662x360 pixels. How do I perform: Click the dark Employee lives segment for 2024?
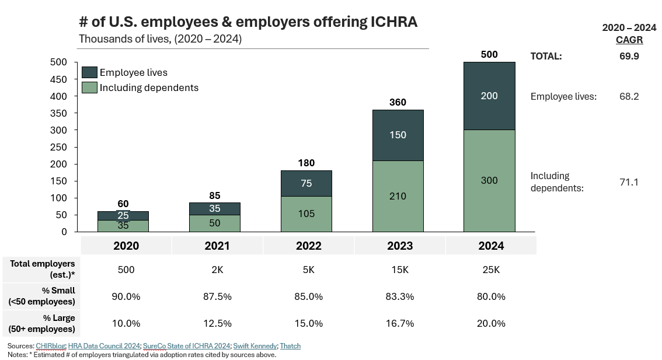[489, 96]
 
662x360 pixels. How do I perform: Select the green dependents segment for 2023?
[398, 196]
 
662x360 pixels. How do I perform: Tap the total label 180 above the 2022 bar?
[306, 163]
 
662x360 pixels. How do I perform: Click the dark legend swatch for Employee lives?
[89, 72]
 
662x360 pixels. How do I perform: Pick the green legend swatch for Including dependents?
[89, 88]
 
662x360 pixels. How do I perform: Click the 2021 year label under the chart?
[217, 246]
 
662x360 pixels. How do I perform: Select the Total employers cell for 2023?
[400, 270]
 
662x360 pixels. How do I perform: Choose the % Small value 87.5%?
[217, 296]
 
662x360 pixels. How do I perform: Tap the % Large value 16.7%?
[400, 323]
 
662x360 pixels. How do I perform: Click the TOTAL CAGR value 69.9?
[629, 56]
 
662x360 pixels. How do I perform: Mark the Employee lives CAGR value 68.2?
[629, 96]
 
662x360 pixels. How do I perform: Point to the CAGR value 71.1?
[629, 182]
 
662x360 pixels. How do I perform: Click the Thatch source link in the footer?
[290, 346]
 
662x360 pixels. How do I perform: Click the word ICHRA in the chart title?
[394, 22]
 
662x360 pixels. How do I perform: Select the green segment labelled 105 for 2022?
[306, 214]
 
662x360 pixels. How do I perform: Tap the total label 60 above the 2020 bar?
[123, 204]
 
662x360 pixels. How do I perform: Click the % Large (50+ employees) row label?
[41, 323]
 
